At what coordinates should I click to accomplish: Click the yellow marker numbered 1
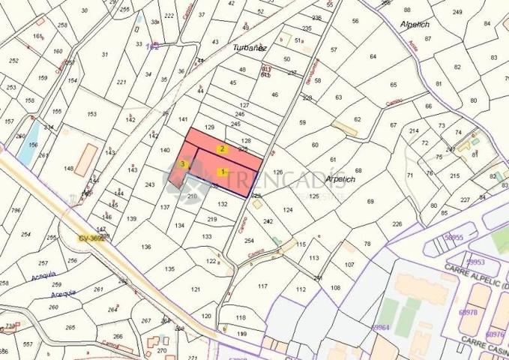[222, 172]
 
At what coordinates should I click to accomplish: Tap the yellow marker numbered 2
[222, 149]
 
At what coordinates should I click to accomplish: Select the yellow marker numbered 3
[182, 163]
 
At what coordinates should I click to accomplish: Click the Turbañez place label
[250, 47]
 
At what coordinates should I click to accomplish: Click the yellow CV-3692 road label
[92, 238]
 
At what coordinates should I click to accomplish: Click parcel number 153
[91, 114]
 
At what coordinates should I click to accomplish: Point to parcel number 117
[262, 286]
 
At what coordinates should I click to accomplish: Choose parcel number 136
[146, 247]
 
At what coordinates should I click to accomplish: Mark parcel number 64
[373, 56]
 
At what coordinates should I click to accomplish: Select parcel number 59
[303, 121]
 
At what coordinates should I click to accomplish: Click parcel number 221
[121, 82]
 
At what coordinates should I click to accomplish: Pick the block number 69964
[382, 327]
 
